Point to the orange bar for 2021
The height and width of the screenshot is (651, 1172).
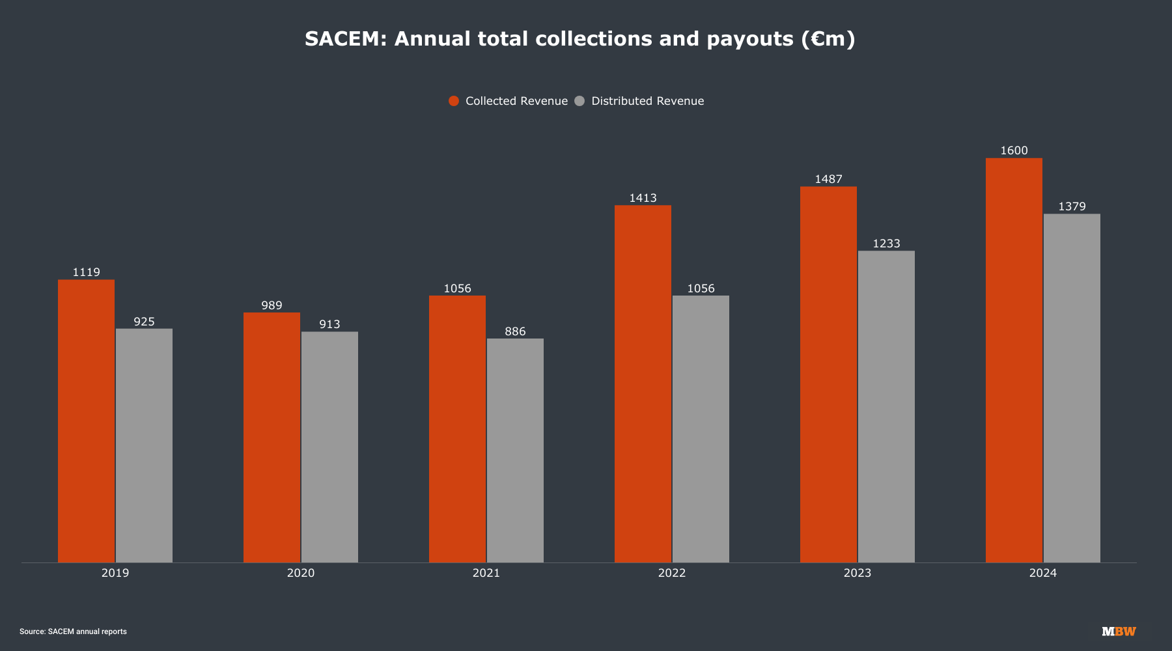457,429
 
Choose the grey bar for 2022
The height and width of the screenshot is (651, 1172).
701,429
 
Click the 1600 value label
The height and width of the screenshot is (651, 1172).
1014,150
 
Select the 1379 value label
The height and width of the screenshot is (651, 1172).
1072,206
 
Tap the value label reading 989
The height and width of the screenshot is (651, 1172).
272,305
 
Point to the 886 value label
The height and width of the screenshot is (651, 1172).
515,331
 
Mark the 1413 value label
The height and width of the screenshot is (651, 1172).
643,198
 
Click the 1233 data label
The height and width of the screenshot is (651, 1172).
886,243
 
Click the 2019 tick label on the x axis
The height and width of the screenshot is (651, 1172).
115,573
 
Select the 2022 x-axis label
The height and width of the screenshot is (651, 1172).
672,573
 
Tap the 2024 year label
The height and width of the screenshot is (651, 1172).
1043,573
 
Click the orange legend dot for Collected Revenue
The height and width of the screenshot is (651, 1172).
454,101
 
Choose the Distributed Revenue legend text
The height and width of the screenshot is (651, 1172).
647,101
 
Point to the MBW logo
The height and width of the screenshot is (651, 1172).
1119,631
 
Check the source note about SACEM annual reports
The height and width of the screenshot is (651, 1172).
73,631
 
